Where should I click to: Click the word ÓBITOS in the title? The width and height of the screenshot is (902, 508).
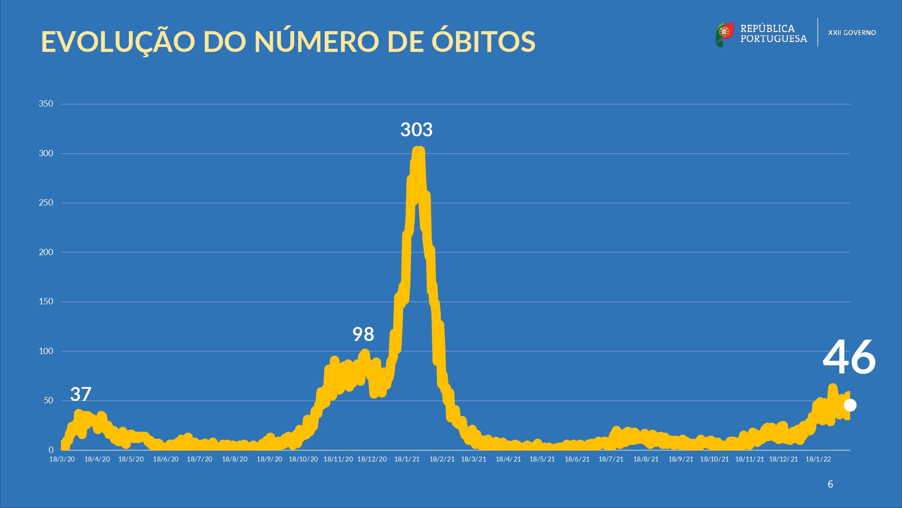point(483,42)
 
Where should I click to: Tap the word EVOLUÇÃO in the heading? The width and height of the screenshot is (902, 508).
point(118,42)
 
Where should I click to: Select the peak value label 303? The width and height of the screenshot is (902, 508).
point(416,130)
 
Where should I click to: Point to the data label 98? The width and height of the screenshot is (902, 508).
point(363,335)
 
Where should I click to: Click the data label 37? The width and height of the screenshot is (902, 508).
point(81,394)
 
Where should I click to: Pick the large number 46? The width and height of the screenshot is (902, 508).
point(849,358)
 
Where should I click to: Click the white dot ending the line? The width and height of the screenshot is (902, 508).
point(850,405)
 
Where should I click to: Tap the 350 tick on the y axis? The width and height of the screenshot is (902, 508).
point(46,104)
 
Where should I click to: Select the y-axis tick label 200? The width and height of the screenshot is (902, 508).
point(46,252)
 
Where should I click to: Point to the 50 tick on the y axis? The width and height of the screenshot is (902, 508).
point(48,400)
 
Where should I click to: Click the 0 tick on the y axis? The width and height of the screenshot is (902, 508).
point(51,450)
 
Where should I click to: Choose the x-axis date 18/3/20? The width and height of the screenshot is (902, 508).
point(62,459)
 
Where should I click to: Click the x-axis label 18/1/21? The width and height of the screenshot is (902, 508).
point(407,459)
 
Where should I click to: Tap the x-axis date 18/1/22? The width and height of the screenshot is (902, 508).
point(818,459)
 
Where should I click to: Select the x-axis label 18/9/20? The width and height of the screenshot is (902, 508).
point(269,459)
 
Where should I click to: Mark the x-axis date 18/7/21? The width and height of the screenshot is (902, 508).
point(611,459)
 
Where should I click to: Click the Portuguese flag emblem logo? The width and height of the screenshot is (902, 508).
point(724,34)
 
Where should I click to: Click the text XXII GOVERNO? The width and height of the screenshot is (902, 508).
point(852,33)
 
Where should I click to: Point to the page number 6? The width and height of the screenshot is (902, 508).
point(830,485)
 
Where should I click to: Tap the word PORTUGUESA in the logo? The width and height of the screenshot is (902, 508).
point(773,39)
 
